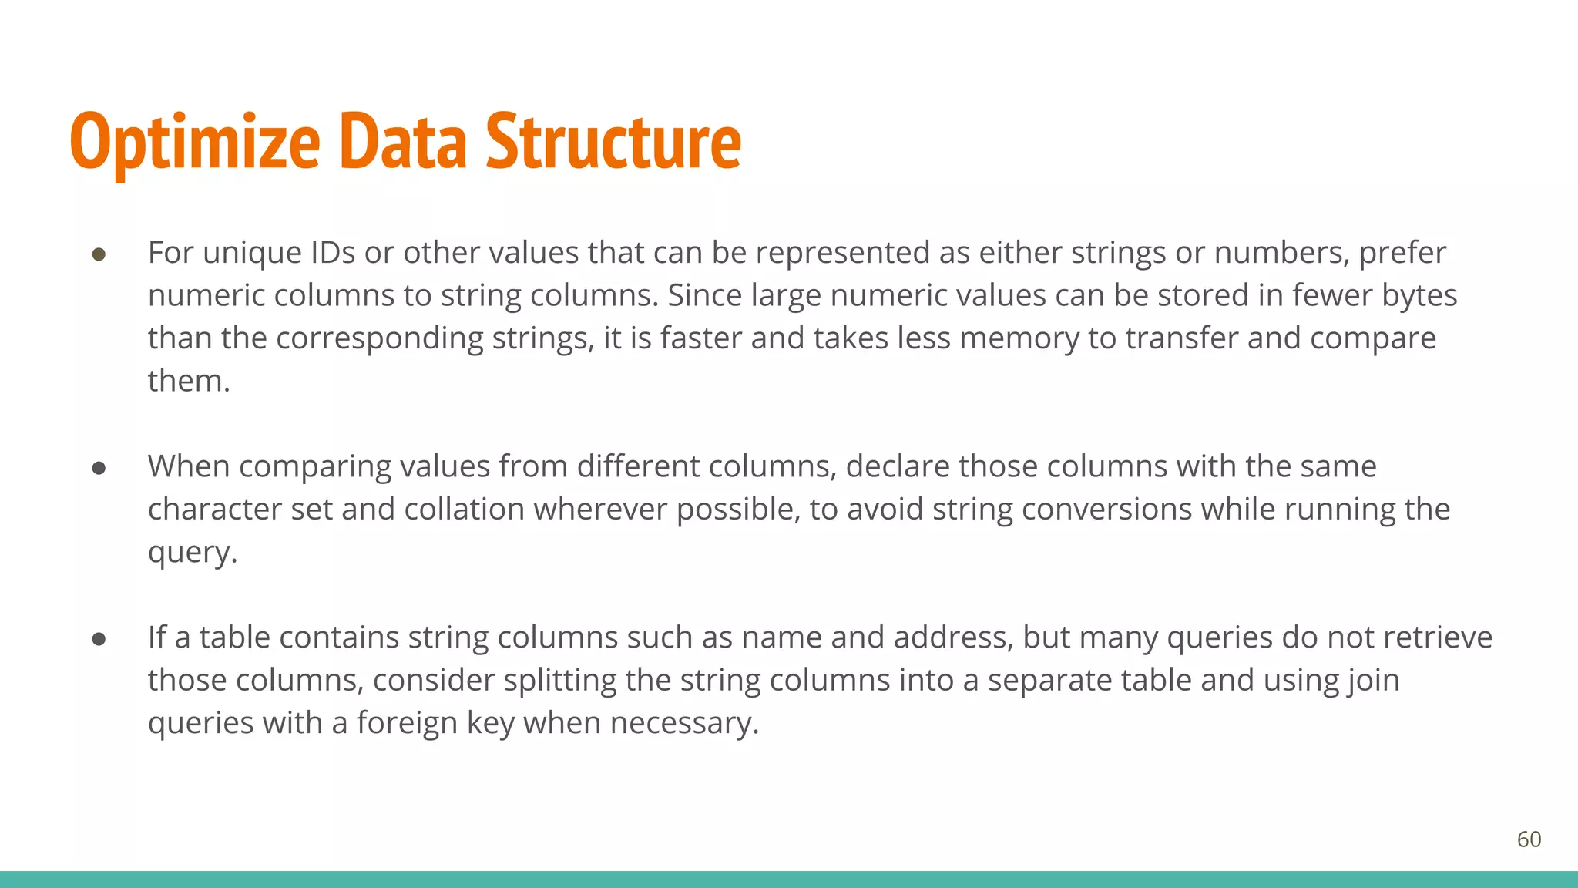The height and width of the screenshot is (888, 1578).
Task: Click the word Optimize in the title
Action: (194, 142)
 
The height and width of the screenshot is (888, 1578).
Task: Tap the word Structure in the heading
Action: (613, 142)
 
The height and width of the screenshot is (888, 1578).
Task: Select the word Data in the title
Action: (402, 142)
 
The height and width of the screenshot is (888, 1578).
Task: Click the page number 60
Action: (1529, 839)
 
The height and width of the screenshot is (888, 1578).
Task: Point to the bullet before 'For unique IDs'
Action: (99, 254)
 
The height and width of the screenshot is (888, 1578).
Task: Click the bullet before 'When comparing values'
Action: (99, 468)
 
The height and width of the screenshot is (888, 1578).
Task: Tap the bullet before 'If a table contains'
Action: (99, 639)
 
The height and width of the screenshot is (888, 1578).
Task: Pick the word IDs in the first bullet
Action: (333, 253)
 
